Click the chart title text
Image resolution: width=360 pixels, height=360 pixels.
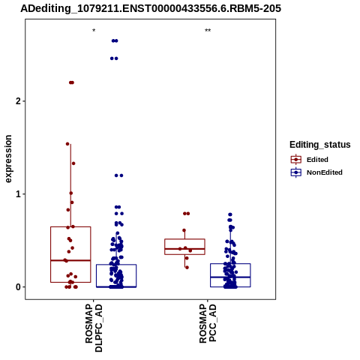[x=151, y=8]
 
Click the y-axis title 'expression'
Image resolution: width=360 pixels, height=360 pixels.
[x=8, y=159]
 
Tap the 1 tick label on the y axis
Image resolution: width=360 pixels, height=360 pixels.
[x=18, y=194]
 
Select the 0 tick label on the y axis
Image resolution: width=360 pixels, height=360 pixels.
[x=18, y=287]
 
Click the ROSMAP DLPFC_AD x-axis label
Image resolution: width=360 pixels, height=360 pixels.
[x=94, y=328]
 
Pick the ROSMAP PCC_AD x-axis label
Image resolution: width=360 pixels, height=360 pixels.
[x=208, y=323]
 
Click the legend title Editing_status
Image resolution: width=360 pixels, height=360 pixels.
[x=320, y=145]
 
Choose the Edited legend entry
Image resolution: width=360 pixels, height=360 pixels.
[x=309, y=160]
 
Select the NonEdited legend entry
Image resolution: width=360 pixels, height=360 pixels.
[x=316, y=172]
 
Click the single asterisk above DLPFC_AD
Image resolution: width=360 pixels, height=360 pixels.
[x=94, y=31]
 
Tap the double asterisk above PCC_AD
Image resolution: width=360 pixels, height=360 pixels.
[x=208, y=31]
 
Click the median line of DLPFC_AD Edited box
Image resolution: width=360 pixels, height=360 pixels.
[x=70, y=260]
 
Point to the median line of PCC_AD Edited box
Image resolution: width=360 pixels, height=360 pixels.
[x=184, y=249]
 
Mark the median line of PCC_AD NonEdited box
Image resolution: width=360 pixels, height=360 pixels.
[x=230, y=277]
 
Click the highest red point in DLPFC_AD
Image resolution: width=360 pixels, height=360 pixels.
[x=71, y=82]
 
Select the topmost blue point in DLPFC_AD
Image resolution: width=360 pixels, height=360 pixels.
[x=115, y=40]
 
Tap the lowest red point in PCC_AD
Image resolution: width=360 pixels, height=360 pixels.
[x=187, y=268]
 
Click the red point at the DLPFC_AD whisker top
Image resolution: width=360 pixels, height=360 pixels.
[x=67, y=144]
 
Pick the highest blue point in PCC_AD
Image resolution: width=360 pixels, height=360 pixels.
[x=230, y=214]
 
